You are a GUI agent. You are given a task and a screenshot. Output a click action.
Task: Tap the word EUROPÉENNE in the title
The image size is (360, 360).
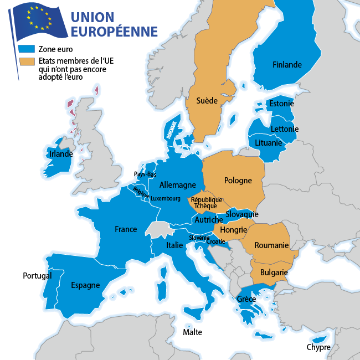click(x=114, y=32)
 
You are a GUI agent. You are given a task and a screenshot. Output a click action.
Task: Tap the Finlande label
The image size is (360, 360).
click(x=287, y=65)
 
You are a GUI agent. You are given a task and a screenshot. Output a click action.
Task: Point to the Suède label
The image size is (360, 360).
click(x=207, y=101)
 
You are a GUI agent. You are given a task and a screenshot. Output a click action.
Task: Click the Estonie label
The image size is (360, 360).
click(x=281, y=104)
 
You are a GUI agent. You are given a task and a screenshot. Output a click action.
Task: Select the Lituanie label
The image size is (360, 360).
click(x=269, y=142)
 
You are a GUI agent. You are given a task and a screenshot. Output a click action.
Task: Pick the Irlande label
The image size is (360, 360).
click(x=61, y=154)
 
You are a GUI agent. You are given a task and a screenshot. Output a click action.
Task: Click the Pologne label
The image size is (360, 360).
click(x=238, y=181)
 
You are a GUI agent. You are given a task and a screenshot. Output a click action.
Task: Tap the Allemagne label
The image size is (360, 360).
click(x=177, y=184)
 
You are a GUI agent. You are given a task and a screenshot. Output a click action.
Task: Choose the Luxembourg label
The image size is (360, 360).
click(x=166, y=198)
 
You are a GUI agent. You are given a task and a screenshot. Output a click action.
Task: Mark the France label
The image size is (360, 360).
click(x=126, y=229)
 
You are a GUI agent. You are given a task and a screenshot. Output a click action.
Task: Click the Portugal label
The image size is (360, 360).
click(x=37, y=275)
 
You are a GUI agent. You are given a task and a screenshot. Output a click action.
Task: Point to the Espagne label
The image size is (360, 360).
click(x=85, y=286)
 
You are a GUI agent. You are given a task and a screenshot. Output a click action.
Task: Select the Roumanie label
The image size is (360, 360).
click(x=272, y=245)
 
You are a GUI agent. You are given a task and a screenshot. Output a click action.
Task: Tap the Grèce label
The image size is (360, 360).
click(x=246, y=299)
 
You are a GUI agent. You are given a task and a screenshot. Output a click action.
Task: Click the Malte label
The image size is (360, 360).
click(x=193, y=332)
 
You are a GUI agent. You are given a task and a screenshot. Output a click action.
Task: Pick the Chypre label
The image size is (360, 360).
click(x=318, y=348)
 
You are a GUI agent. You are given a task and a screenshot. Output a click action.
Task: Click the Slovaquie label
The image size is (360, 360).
click(x=241, y=214)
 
